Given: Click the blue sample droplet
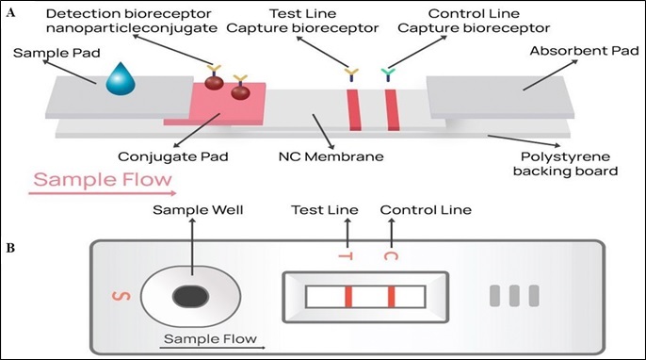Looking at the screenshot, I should (121, 81).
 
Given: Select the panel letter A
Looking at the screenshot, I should (12, 13).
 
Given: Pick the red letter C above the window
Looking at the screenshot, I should (390, 254).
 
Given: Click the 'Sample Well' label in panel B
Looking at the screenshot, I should (193, 210).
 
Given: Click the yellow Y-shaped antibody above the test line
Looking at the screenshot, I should (351, 72).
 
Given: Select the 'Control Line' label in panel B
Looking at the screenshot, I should (425, 210).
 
